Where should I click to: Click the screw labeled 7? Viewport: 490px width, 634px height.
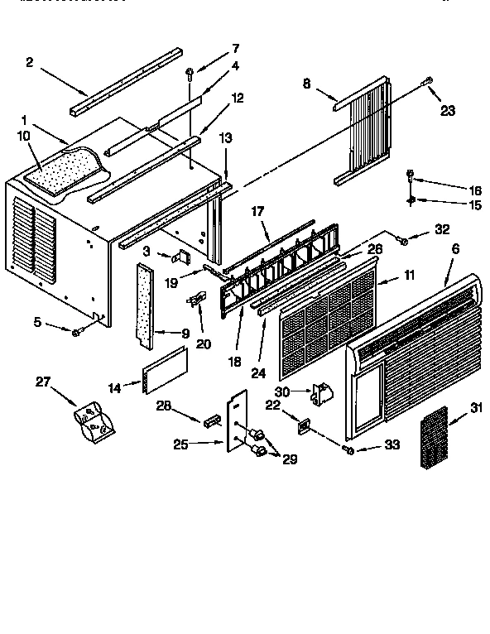click(x=190, y=74)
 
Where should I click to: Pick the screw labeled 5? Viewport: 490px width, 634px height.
click(x=75, y=332)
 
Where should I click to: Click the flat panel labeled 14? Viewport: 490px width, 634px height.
click(x=163, y=367)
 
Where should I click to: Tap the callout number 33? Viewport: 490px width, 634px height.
click(x=392, y=444)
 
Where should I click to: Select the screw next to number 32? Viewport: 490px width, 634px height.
click(x=403, y=240)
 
